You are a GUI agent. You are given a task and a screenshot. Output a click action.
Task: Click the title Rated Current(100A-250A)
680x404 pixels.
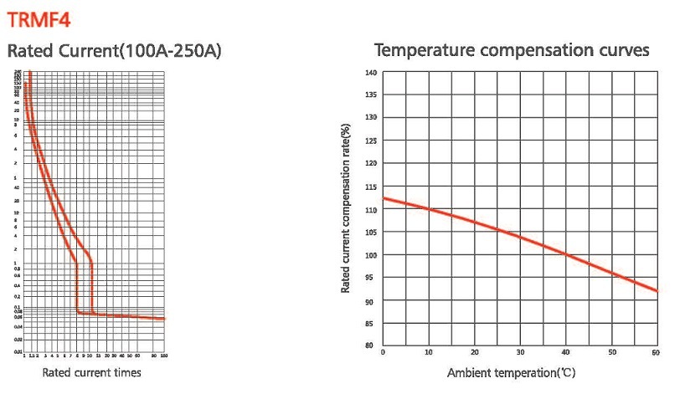pos(115,52)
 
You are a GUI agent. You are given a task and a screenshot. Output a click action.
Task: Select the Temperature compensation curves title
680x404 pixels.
pos(512,50)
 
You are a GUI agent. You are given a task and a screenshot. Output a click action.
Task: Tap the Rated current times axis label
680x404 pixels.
pos(92,372)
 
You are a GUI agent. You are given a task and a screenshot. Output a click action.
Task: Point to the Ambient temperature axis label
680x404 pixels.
pos(511,372)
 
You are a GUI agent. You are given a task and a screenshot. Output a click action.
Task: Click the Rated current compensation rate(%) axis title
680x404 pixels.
pos(346,208)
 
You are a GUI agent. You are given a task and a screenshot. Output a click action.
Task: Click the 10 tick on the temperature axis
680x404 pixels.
pos(429,353)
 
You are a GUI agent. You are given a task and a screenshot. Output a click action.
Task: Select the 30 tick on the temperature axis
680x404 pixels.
pos(521,353)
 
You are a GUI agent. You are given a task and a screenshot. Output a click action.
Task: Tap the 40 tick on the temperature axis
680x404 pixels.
pos(567,353)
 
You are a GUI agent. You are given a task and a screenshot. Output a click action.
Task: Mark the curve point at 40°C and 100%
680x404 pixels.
pos(567,254)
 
